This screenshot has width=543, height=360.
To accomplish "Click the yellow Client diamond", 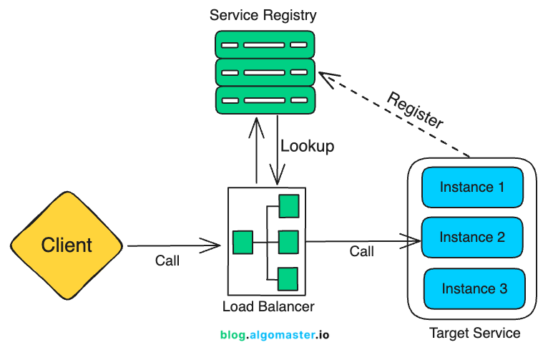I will click(67, 245).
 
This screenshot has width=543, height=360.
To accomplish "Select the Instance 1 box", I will click(472, 188).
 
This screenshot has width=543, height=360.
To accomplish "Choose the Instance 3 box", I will click(474, 288).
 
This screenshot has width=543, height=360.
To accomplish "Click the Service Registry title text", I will click(263, 15).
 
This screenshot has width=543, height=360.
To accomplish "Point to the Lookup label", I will click(308, 146).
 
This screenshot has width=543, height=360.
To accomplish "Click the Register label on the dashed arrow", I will click(416, 110).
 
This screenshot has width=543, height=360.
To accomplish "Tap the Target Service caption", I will click(474, 334).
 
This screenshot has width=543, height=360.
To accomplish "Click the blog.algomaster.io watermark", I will click(275, 334).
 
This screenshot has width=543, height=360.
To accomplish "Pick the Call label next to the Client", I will click(167, 261).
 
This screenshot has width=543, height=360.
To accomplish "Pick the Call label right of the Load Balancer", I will click(361, 251).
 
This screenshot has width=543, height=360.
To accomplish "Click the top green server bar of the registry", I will click(265, 44).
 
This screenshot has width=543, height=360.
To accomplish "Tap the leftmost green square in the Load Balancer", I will click(243, 242).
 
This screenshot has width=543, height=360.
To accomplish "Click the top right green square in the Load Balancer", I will click(288, 206).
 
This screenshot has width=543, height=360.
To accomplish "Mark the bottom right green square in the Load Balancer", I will click(288, 278).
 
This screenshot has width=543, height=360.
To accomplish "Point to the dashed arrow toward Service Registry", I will click(393, 114).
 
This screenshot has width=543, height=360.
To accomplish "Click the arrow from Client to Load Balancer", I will click(174, 246).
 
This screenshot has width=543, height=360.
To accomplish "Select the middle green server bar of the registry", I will click(265, 72).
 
